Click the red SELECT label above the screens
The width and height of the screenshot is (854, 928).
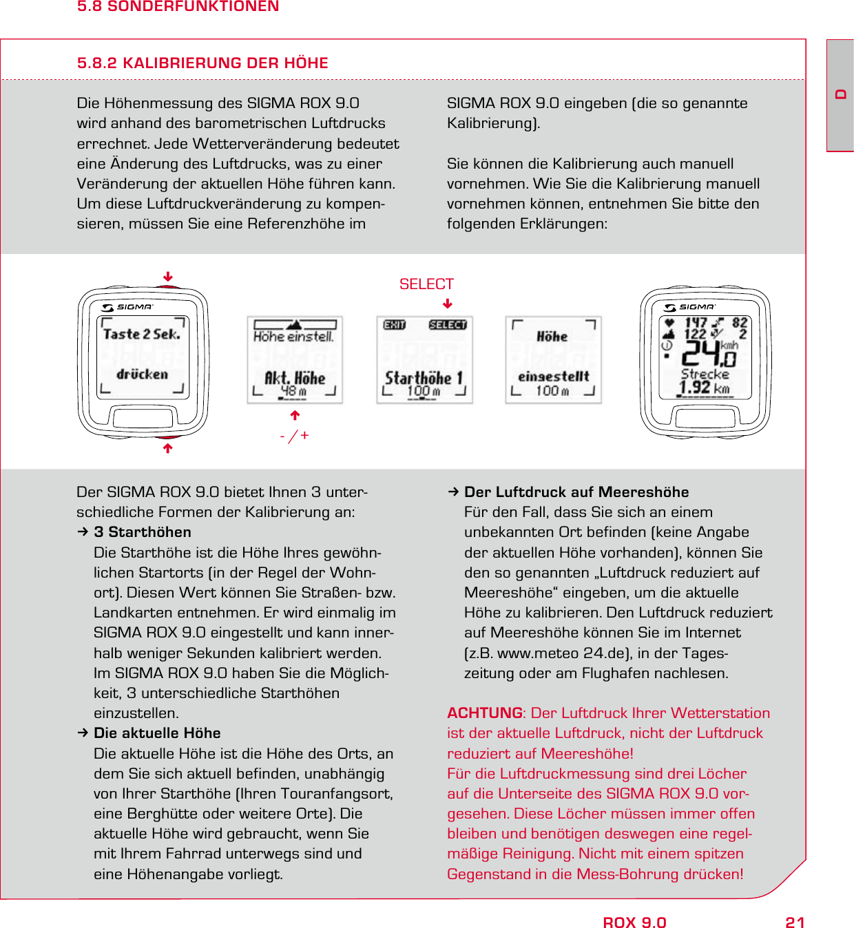(x=426, y=284)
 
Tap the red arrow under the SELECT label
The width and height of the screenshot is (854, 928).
(x=448, y=304)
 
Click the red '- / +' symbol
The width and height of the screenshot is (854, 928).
(x=295, y=436)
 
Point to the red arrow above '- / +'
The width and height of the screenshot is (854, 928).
(x=295, y=415)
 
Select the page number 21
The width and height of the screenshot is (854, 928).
(x=795, y=922)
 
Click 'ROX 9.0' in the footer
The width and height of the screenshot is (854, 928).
(x=634, y=922)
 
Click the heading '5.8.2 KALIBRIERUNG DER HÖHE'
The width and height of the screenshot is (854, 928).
(x=202, y=63)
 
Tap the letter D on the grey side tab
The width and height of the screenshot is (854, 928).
(x=840, y=94)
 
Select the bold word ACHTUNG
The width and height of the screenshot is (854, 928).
(x=484, y=713)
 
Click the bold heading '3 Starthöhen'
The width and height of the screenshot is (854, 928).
(x=143, y=532)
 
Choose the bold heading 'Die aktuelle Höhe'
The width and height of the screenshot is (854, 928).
(x=157, y=733)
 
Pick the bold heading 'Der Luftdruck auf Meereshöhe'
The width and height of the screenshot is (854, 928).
(x=576, y=492)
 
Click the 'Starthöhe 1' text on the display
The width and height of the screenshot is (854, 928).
(x=424, y=378)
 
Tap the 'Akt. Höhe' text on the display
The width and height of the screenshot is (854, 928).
(x=295, y=378)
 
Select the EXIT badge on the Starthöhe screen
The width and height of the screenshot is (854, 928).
(x=395, y=325)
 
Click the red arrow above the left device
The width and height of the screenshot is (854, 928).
(x=167, y=277)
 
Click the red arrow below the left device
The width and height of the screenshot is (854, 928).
(x=167, y=448)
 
